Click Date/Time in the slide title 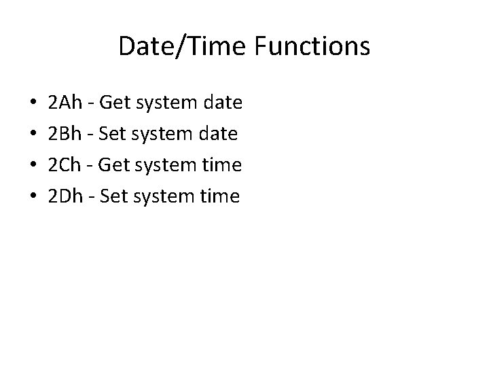pyautogui.click(x=177, y=46)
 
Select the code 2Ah pyautogui.click(x=66, y=103)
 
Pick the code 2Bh pyautogui.click(x=66, y=135)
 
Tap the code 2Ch pyautogui.click(x=66, y=166)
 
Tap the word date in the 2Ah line pyautogui.click(x=223, y=103)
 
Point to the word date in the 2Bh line pyautogui.click(x=218, y=135)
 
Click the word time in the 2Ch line pyautogui.click(x=223, y=166)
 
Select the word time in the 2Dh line pyautogui.click(x=219, y=197)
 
